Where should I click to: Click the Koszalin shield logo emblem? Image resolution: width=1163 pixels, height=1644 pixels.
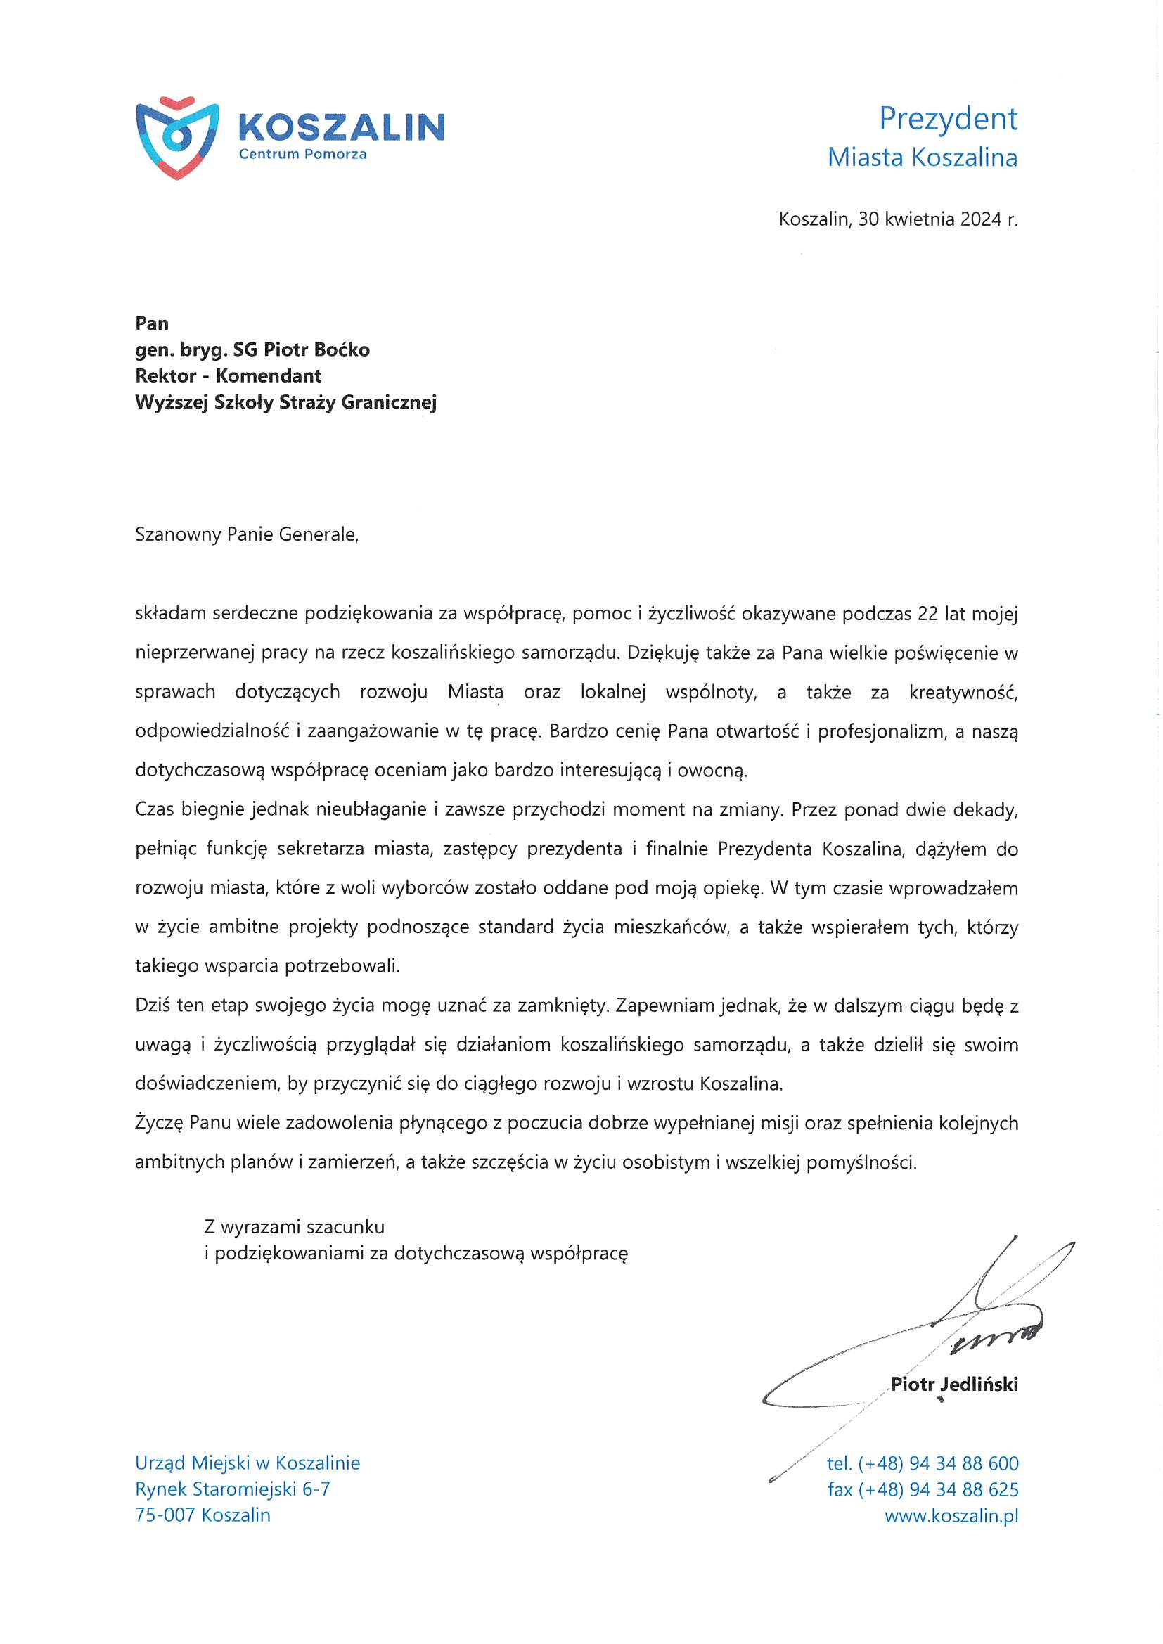click(x=177, y=136)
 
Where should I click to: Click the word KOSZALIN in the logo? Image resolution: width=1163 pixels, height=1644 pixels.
click(x=341, y=127)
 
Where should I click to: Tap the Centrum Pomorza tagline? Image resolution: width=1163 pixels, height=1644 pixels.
click(x=302, y=154)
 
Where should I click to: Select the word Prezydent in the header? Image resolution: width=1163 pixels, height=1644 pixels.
click(x=947, y=119)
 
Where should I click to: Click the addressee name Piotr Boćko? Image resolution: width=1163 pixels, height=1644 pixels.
click(x=316, y=349)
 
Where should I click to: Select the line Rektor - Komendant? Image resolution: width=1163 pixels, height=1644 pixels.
click(x=228, y=376)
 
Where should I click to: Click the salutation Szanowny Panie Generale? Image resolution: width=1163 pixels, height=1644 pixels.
click(x=246, y=534)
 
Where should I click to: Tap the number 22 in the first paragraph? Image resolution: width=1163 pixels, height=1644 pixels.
click(x=927, y=614)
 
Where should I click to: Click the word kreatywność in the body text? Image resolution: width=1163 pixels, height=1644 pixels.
click(x=963, y=693)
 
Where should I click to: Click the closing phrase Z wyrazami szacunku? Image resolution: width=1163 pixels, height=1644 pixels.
click(x=295, y=1226)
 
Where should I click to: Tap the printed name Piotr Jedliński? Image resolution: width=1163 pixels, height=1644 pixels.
click(x=954, y=1384)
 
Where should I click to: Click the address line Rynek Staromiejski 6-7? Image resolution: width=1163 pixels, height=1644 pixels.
click(x=232, y=1489)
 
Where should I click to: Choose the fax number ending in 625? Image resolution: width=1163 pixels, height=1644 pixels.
click(x=923, y=1489)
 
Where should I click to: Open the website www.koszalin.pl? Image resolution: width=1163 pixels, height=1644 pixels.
click(x=951, y=1515)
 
